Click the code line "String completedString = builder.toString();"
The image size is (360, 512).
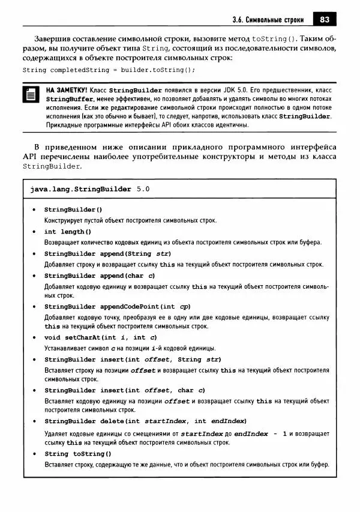109,70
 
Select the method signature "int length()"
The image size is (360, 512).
68,232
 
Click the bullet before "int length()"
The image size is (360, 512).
34,232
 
